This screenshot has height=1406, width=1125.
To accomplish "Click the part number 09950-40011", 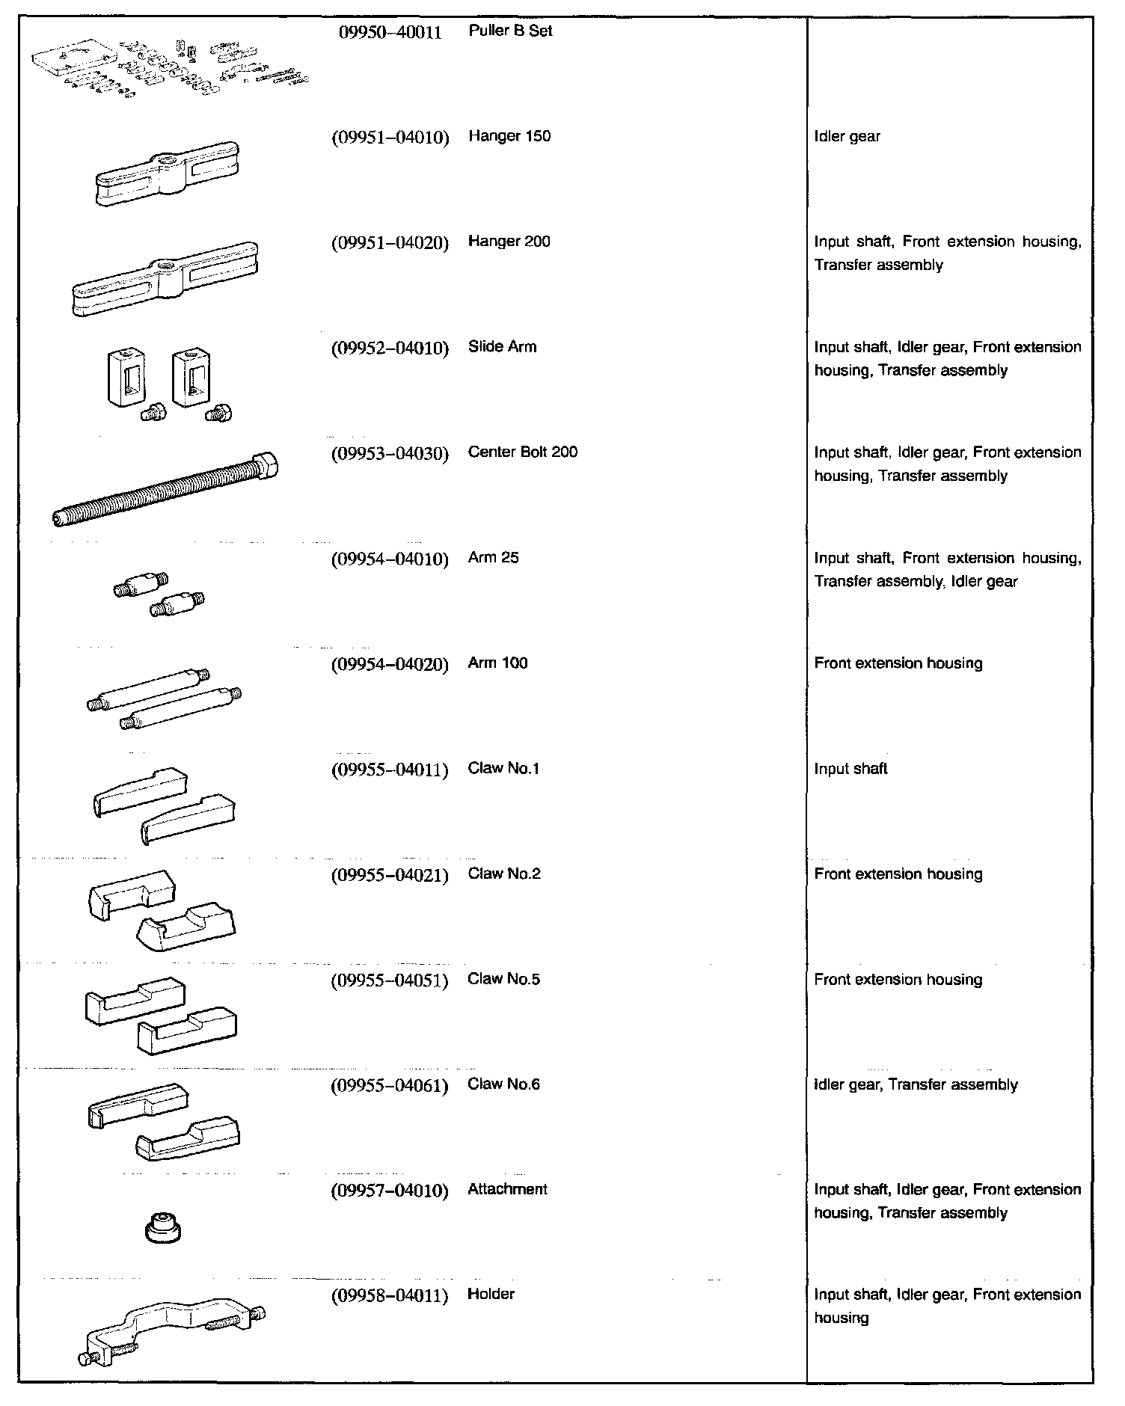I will point(386,32).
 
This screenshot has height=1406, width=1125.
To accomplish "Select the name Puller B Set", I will point(510,31).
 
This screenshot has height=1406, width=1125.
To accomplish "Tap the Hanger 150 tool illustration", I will point(167,174).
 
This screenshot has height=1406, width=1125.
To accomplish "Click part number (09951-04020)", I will point(390,242).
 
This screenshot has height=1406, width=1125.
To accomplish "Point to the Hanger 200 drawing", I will point(165,278).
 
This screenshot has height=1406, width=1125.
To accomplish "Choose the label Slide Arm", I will point(502,347).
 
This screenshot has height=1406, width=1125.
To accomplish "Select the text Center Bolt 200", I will point(522,452).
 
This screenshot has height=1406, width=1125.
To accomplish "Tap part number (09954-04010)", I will point(390,559).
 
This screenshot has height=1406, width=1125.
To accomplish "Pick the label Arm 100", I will point(497,663).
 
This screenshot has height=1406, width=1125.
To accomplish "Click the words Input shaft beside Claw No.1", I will point(850,769).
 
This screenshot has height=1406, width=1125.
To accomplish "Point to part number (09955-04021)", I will point(390,875).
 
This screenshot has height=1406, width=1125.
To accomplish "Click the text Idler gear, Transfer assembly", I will point(916,1085).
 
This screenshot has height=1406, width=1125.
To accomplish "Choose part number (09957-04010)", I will point(390,1191).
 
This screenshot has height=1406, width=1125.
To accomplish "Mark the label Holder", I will point(491,1295).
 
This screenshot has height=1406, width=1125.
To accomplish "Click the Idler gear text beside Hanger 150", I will point(847,137).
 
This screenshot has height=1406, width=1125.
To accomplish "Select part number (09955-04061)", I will point(390,1085).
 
